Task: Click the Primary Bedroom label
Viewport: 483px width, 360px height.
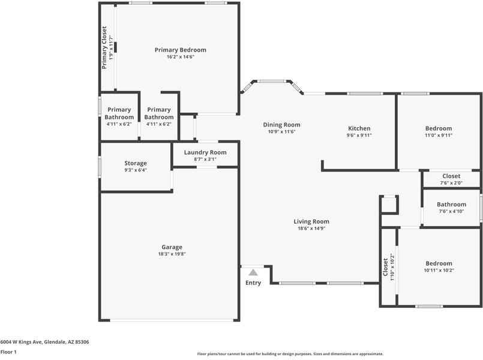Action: pos(180,50)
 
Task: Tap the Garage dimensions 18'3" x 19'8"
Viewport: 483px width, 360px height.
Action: pos(172,254)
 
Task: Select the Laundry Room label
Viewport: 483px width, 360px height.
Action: pos(205,152)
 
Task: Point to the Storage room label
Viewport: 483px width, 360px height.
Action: pos(136,163)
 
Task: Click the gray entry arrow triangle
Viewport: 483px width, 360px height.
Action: pos(253,272)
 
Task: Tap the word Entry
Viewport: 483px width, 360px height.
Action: pos(253,283)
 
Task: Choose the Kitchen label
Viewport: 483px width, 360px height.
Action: pos(359,128)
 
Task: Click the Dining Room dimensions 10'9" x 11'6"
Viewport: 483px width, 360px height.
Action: pos(281,132)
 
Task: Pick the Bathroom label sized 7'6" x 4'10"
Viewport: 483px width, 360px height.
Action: pos(451,205)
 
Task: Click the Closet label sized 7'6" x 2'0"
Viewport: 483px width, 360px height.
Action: pos(451,176)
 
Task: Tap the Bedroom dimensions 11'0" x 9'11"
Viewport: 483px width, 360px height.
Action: pos(439,136)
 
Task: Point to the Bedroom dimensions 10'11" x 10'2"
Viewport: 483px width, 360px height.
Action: pos(439,271)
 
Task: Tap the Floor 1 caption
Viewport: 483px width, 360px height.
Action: pos(8,352)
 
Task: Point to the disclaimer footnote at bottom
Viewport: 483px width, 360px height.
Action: pos(290,354)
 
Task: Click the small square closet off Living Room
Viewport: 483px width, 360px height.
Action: pos(389,205)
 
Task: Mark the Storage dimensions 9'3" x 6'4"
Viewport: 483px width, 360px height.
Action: pos(136,170)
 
